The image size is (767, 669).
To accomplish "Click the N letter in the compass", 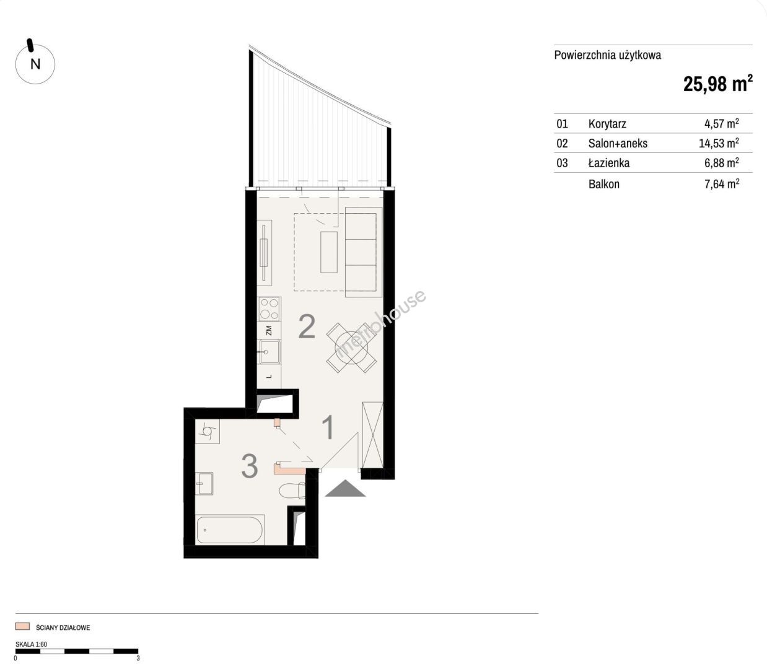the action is pyautogui.click(x=35, y=64).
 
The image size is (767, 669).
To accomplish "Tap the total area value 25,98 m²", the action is pyautogui.click(x=717, y=83).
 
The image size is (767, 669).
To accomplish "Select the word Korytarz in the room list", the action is pyautogui.click(x=607, y=124).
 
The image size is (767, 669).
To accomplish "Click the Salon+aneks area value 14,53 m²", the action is pyautogui.click(x=719, y=143).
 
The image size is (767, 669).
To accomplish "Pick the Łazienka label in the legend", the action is pyautogui.click(x=609, y=163).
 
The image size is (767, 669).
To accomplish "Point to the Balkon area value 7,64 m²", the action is pyautogui.click(x=722, y=184).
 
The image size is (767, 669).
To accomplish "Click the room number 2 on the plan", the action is pyautogui.click(x=307, y=326).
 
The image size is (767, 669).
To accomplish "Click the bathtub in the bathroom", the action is pyautogui.click(x=230, y=530).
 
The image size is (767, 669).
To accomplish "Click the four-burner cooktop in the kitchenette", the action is pyautogui.click(x=269, y=309).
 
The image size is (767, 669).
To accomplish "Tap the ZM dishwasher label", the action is pyautogui.click(x=268, y=330).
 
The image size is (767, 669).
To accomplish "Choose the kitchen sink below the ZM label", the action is pyautogui.click(x=270, y=352).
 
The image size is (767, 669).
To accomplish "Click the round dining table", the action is pyautogui.click(x=352, y=348).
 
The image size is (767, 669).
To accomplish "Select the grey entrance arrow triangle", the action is pyautogui.click(x=345, y=488).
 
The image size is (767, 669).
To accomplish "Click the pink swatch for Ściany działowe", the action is pyautogui.click(x=22, y=626).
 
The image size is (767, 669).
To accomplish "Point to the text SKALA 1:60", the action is pyautogui.click(x=31, y=644).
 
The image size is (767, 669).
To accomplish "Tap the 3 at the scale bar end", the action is pyautogui.click(x=138, y=658).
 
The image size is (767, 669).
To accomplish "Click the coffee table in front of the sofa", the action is pyautogui.click(x=329, y=252).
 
